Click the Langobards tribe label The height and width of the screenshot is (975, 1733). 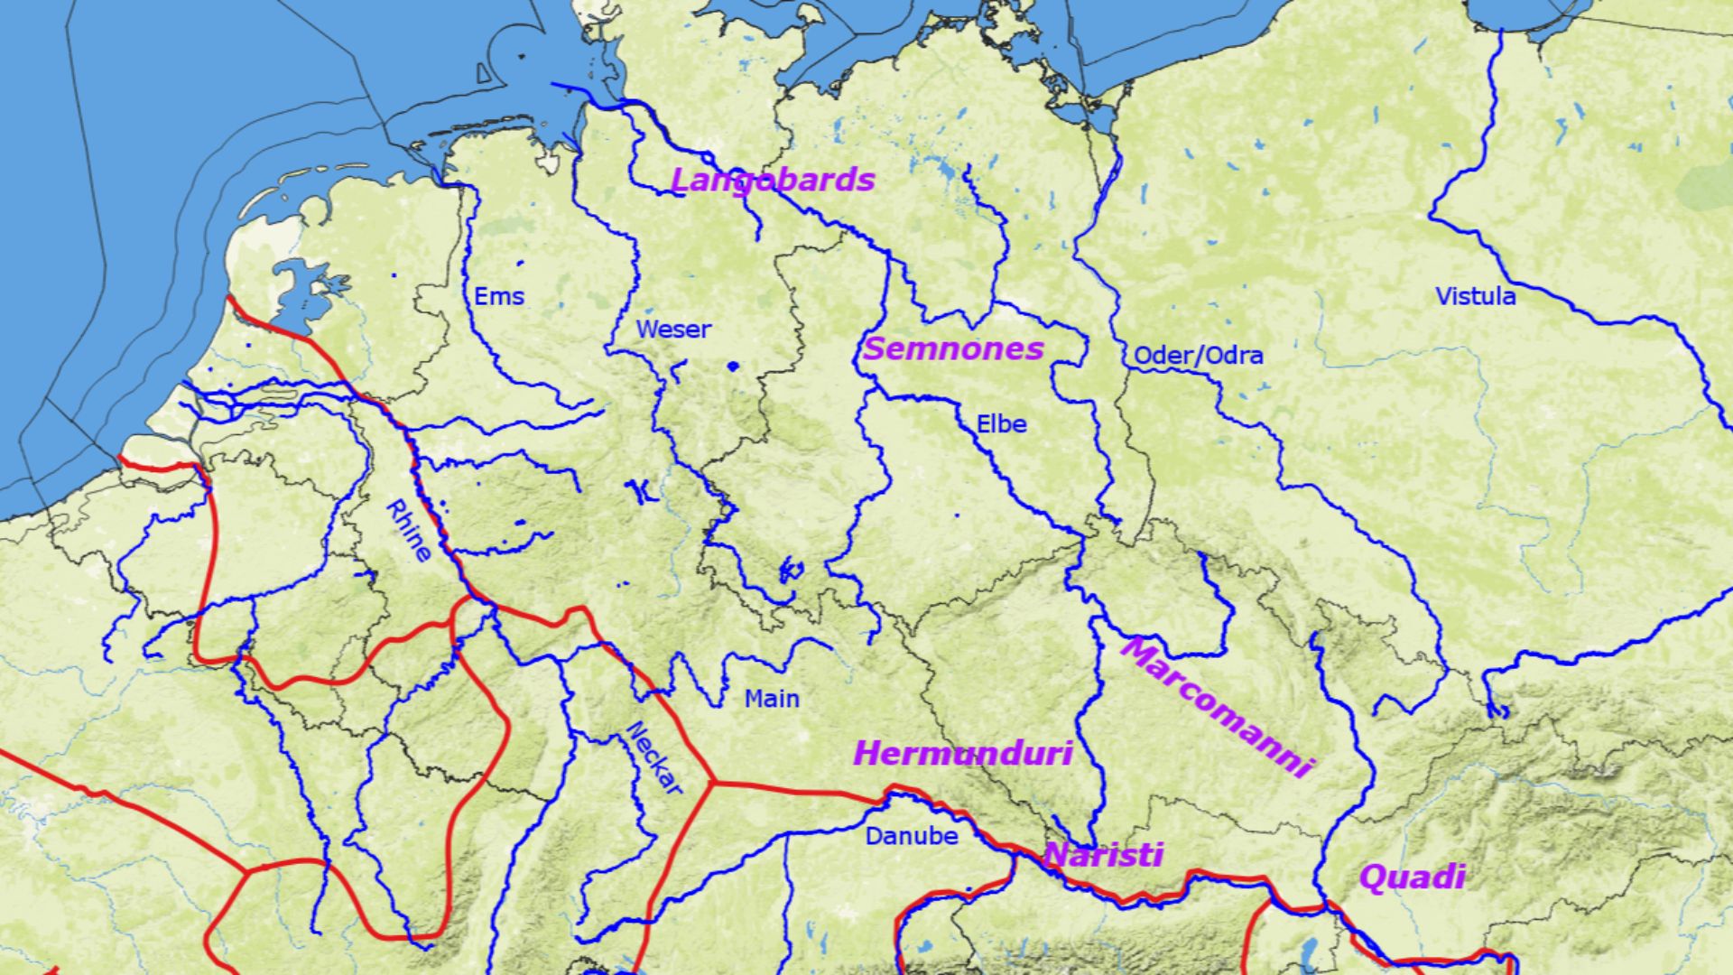coord(773,180)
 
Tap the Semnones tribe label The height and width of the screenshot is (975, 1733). coord(953,348)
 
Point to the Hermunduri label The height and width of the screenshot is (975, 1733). coord(962,753)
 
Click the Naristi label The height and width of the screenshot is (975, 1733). coord(1103,854)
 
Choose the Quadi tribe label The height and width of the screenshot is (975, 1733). coord(1412,877)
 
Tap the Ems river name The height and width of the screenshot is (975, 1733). coord(499,296)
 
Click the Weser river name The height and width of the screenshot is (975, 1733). coord(673,330)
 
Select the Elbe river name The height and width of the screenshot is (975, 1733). coord(1001,423)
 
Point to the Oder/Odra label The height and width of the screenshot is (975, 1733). coord(1198,355)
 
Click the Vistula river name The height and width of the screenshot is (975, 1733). coord(1476,296)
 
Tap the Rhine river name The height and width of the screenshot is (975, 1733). coord(408,531)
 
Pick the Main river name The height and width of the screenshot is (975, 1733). coord(772,698)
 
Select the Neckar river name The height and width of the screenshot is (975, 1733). coord(654,758)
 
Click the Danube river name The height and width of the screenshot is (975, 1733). coord(911,836)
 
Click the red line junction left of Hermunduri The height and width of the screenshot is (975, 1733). coord(714,782)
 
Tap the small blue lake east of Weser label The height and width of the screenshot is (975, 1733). coord(732,366)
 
